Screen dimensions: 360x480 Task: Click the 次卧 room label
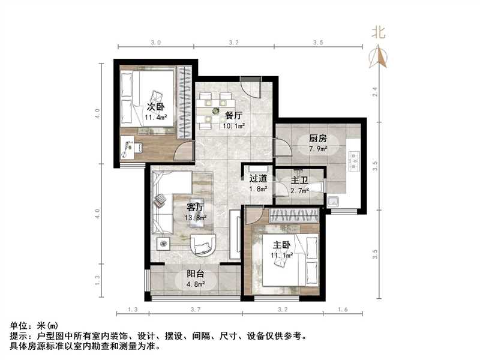click(x=155, y=107)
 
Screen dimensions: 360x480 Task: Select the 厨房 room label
click(x=310, y=138)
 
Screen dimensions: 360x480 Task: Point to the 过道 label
click(x=258, y=178)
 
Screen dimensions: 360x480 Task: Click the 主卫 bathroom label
click(x=299, y=178)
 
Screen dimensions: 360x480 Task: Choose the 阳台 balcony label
click(x=192, y=274)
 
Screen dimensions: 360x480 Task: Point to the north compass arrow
click(x=379, y=57)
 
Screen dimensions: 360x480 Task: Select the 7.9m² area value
click(x=310, y=149)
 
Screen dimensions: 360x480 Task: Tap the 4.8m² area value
click(x=192, y=285)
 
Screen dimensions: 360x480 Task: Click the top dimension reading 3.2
click(x=234, y=43)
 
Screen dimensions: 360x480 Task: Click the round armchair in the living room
click(x=203, y=245)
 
